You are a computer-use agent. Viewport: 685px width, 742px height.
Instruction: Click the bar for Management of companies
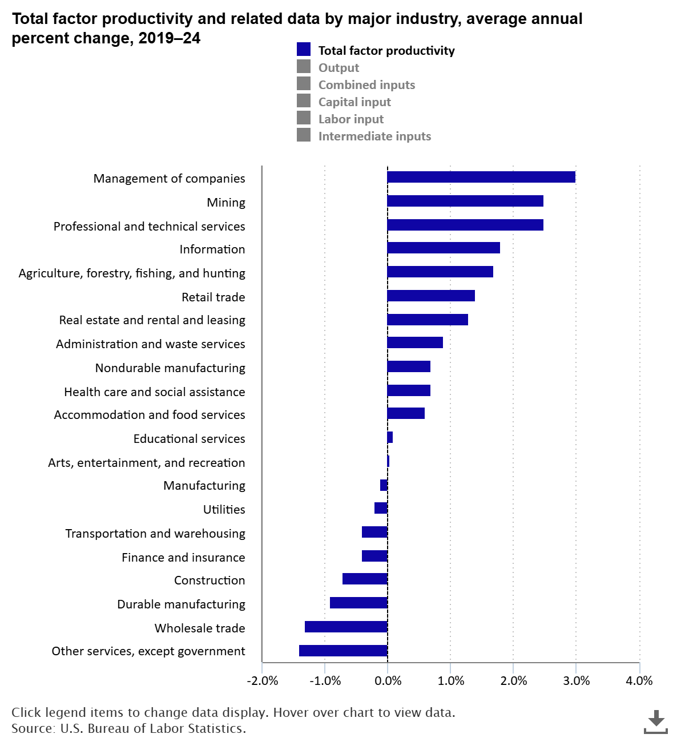tap(481, 177)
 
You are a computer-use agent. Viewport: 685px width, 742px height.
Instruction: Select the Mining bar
tap(465, 201)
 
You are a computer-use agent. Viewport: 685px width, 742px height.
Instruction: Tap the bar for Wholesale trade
tap(346, 627)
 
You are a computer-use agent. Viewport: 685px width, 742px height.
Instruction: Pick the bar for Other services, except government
tap(343, 651)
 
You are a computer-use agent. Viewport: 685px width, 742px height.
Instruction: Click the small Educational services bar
tap(390, 437)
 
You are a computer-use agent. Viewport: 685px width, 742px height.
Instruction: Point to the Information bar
tap(444, 248)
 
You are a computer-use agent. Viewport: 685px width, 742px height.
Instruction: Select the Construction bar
tap(365, 579)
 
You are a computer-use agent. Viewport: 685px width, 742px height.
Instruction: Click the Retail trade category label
tap(213, 297)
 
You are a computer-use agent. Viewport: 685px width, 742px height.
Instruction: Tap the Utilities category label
tap(224, 509)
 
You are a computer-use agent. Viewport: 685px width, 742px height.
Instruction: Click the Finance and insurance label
tap(183, 557)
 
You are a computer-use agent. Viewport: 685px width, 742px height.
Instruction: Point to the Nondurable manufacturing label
tap(170, 368)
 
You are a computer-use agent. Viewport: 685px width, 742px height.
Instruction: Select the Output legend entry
tap(339, 67)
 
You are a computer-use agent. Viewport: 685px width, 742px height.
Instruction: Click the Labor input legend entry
tap(350, 119)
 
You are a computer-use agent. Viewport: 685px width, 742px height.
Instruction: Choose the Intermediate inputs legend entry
tap(374, 136)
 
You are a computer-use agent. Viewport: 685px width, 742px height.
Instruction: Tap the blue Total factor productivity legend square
tap(304, 50)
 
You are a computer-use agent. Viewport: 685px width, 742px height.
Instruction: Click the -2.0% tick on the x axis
tap(262, 680)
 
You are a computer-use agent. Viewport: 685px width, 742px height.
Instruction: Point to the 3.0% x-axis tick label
tap(576, 680)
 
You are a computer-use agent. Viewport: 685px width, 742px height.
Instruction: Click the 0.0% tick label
tap(388, 680)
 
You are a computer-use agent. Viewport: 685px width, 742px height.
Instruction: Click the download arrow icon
tap(656, 720)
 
